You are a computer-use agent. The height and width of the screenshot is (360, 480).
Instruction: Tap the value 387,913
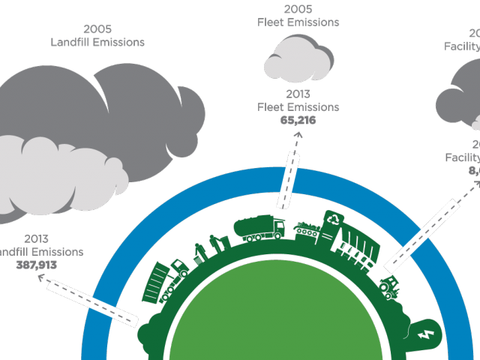click(36, 265)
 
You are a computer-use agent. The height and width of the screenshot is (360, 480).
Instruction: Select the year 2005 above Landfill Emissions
click(97, 29)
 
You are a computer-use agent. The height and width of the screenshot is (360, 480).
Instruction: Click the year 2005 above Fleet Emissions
click(298, 10)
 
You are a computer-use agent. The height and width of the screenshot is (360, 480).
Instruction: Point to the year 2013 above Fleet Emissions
click(298, 94)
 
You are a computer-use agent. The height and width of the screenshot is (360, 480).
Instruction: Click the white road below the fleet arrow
click(289, 179)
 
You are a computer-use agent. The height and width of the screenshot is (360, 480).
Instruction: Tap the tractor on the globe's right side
click(390, 285)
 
